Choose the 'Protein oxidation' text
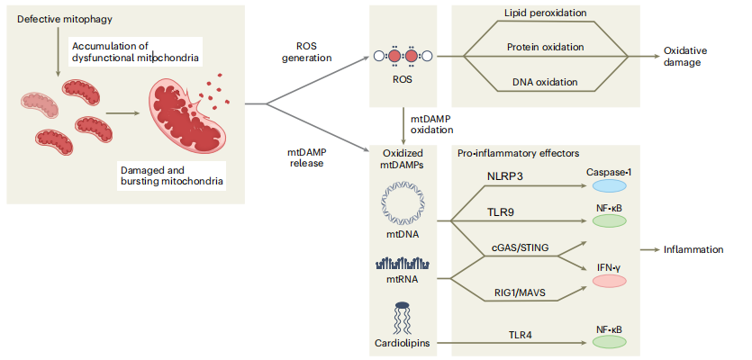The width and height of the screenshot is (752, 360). (545, 47)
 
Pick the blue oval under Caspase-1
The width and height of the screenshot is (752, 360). (609, 185)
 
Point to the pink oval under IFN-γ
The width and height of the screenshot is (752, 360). (609, 282)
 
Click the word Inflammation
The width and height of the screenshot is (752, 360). (693, 248)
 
